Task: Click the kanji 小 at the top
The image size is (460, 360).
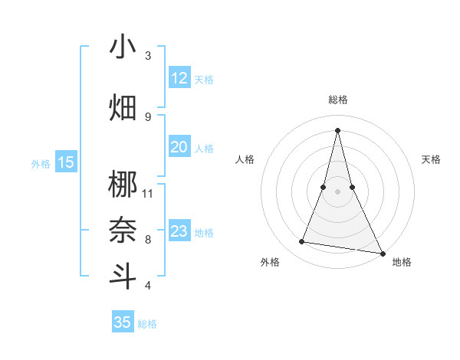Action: (123, 47)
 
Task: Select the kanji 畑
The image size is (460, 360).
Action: (123, 107)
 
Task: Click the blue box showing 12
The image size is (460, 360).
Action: (179, 78)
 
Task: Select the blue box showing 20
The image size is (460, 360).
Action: (179, 147)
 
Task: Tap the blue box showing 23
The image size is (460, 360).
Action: (179, 231)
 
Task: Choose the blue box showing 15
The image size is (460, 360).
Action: (66, 162)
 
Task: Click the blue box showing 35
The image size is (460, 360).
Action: (123, 322)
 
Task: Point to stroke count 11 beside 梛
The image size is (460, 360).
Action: (148, 193)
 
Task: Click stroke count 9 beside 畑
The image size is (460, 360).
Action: (148, 116)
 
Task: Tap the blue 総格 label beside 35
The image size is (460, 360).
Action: (147, 324)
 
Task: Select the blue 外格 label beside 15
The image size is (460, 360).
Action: (41, 163)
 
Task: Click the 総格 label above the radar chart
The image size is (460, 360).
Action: (337, 100)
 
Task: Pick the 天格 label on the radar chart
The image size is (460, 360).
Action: (431, 159)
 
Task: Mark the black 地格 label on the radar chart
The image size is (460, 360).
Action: (402, 262)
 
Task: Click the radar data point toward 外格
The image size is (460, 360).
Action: (302, 242)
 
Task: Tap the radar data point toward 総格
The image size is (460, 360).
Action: (337, 129)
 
